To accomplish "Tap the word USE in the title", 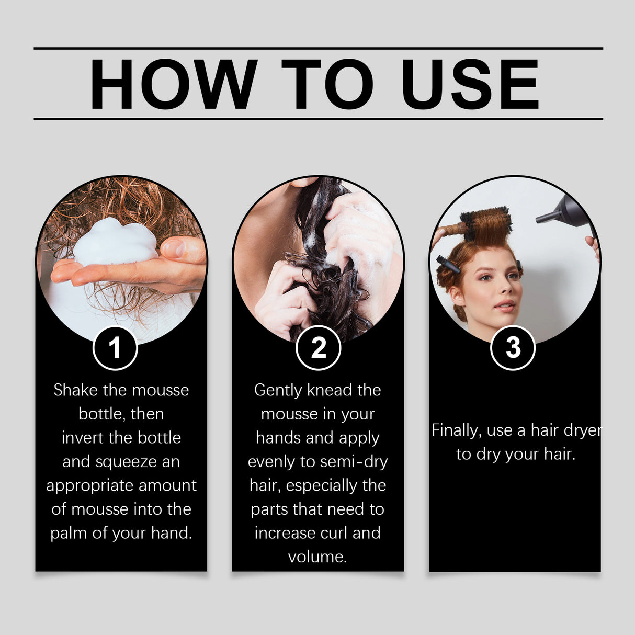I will pyautogui.click(x=470, y=84).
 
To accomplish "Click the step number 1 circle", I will pyautogui.click(x=115, y=348).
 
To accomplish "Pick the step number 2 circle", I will pyautogui.click(x=318, y=348).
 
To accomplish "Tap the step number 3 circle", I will pyautogui.click(x=513, y=348).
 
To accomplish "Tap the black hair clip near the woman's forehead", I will pyautogui.click(x=448, y=264).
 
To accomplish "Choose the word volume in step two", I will pyautogui.click(x=318, y=557).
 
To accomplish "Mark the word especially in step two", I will pyautogui.click(x=322, y=486).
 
